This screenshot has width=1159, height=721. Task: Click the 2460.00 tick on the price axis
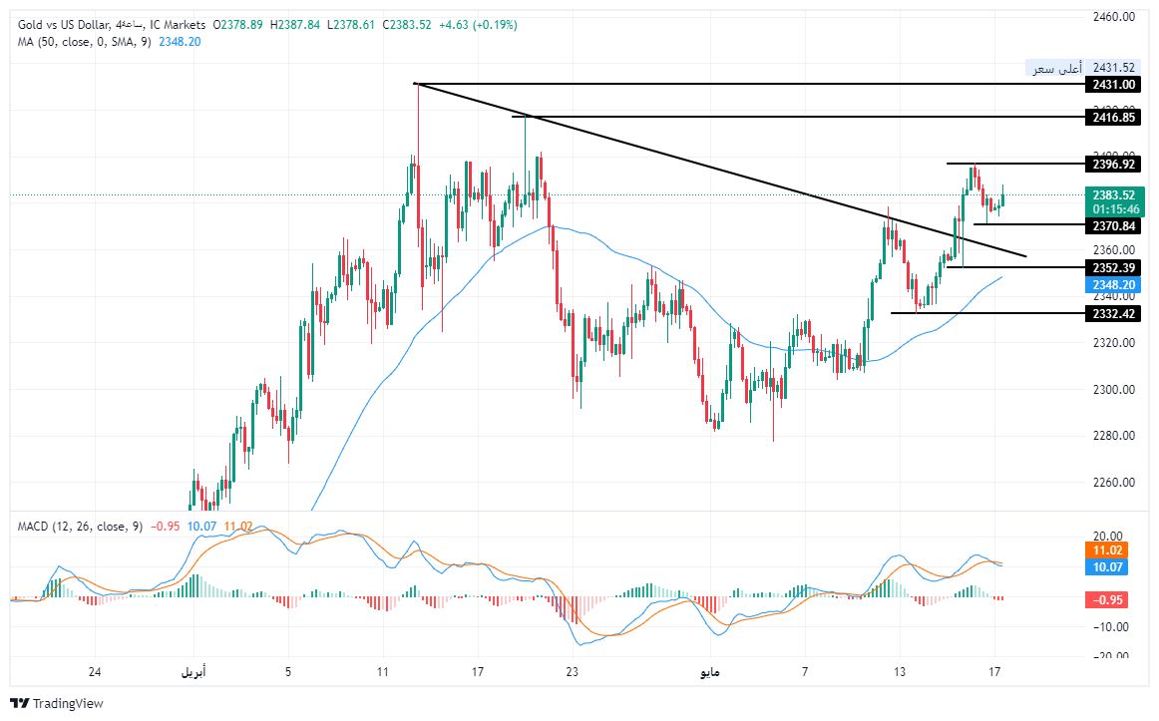tap(1115, 17)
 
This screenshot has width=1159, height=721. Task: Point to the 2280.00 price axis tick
tap(1115, 436)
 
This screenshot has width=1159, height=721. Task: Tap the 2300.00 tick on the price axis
tap(1115, 390)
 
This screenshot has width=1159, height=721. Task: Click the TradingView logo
tap(59, 703)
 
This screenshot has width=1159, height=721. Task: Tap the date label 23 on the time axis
tap(572, 671)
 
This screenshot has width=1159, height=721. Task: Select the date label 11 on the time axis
tap(383, 671)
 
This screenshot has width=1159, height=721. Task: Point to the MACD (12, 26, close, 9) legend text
tap(80, 526)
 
